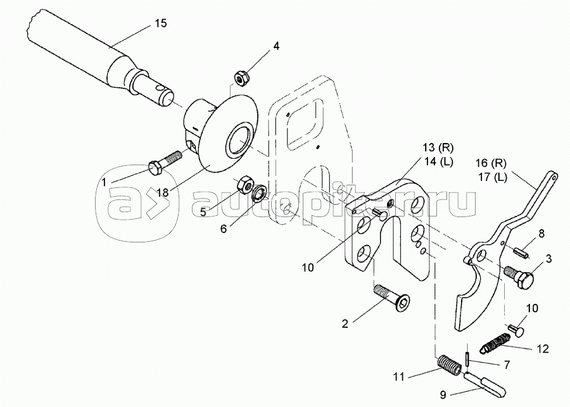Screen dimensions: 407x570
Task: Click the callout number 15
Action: pyautogui.click(x=160, y=24)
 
